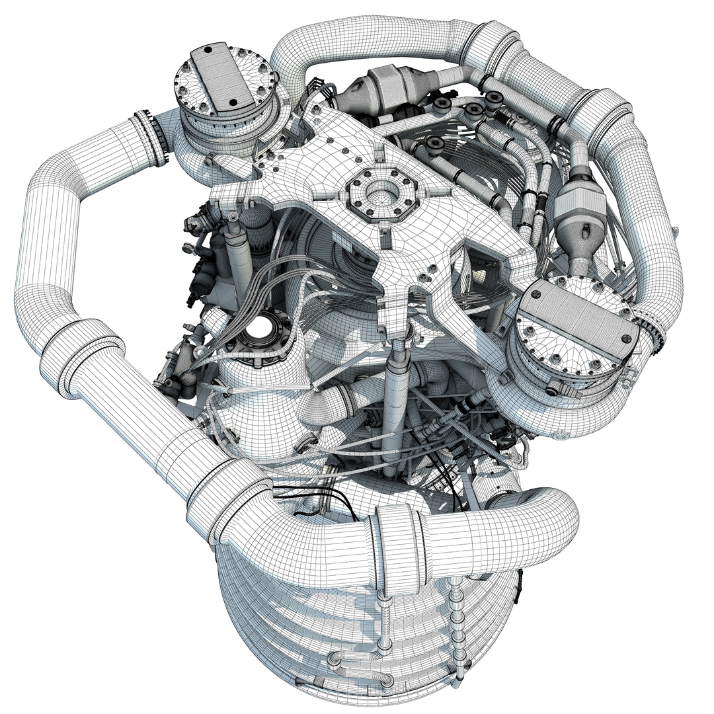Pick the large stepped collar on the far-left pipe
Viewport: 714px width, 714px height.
79,357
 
